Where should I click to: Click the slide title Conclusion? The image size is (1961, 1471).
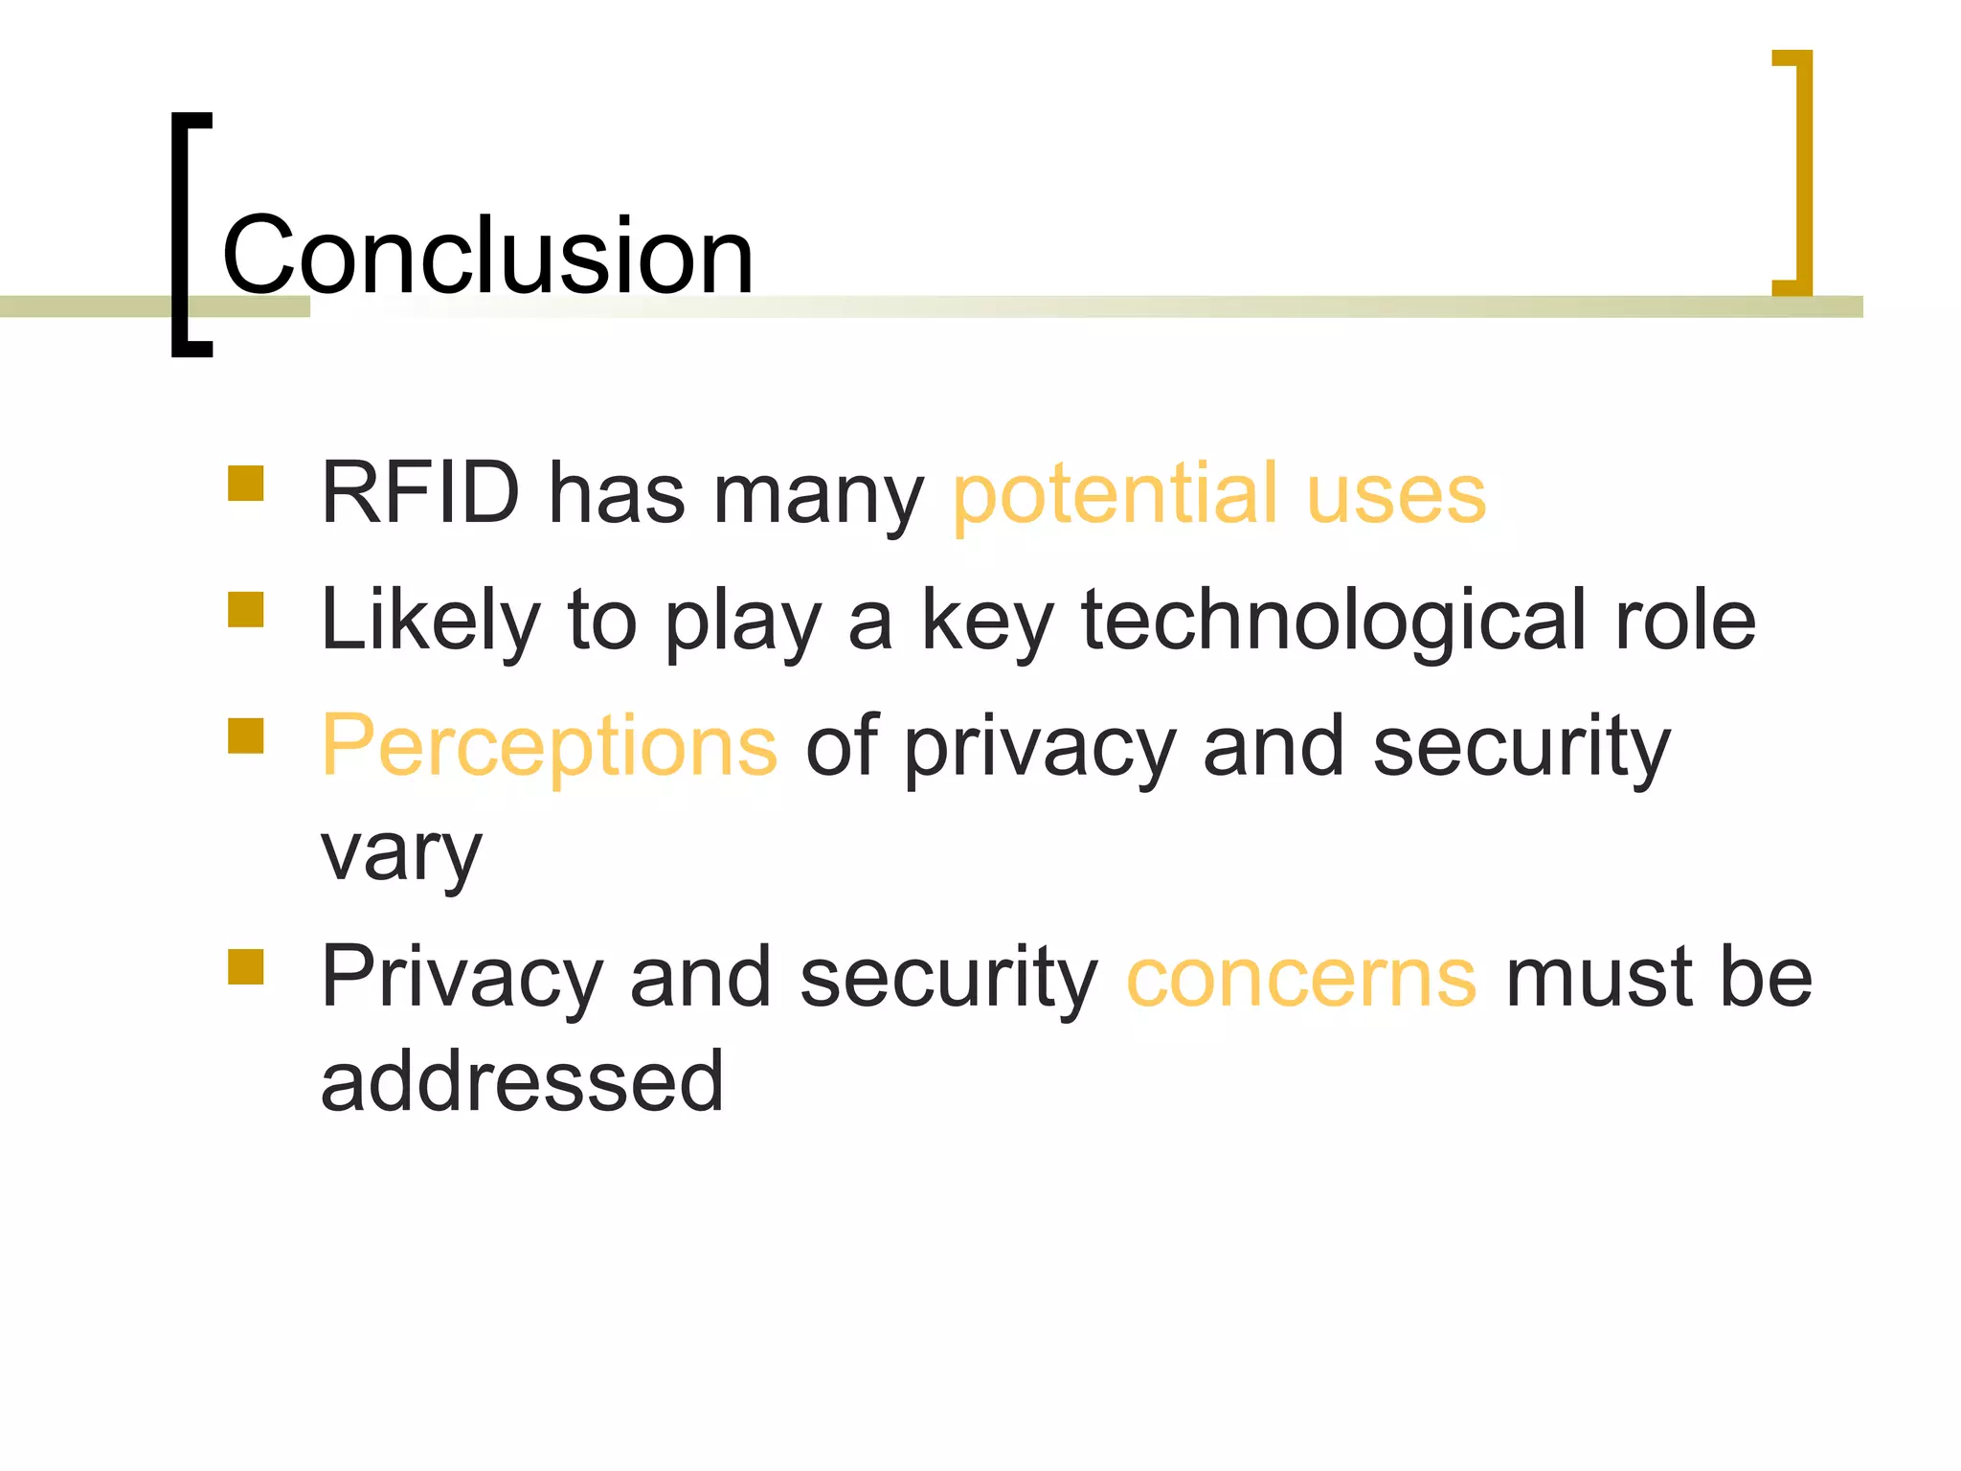click(487, 255)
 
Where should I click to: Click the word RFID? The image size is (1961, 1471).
click(420, 493)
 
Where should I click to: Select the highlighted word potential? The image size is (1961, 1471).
click(1116, 495)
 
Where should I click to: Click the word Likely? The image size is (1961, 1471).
click(431, 621)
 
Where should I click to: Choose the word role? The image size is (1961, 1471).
click(1685, 621)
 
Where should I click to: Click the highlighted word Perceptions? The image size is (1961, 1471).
click(550, 747)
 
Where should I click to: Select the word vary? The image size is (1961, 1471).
click(401, 852)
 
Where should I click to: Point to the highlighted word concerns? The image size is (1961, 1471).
click(1301, 978)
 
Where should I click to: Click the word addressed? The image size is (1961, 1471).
click(522, 1081)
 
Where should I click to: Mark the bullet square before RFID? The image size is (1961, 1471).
click(246, 484)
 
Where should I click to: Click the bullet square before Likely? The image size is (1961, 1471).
click(246, 610)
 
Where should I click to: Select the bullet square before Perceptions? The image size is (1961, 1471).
click(246, 736)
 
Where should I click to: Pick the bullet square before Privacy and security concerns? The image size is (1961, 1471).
click(246, 967)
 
